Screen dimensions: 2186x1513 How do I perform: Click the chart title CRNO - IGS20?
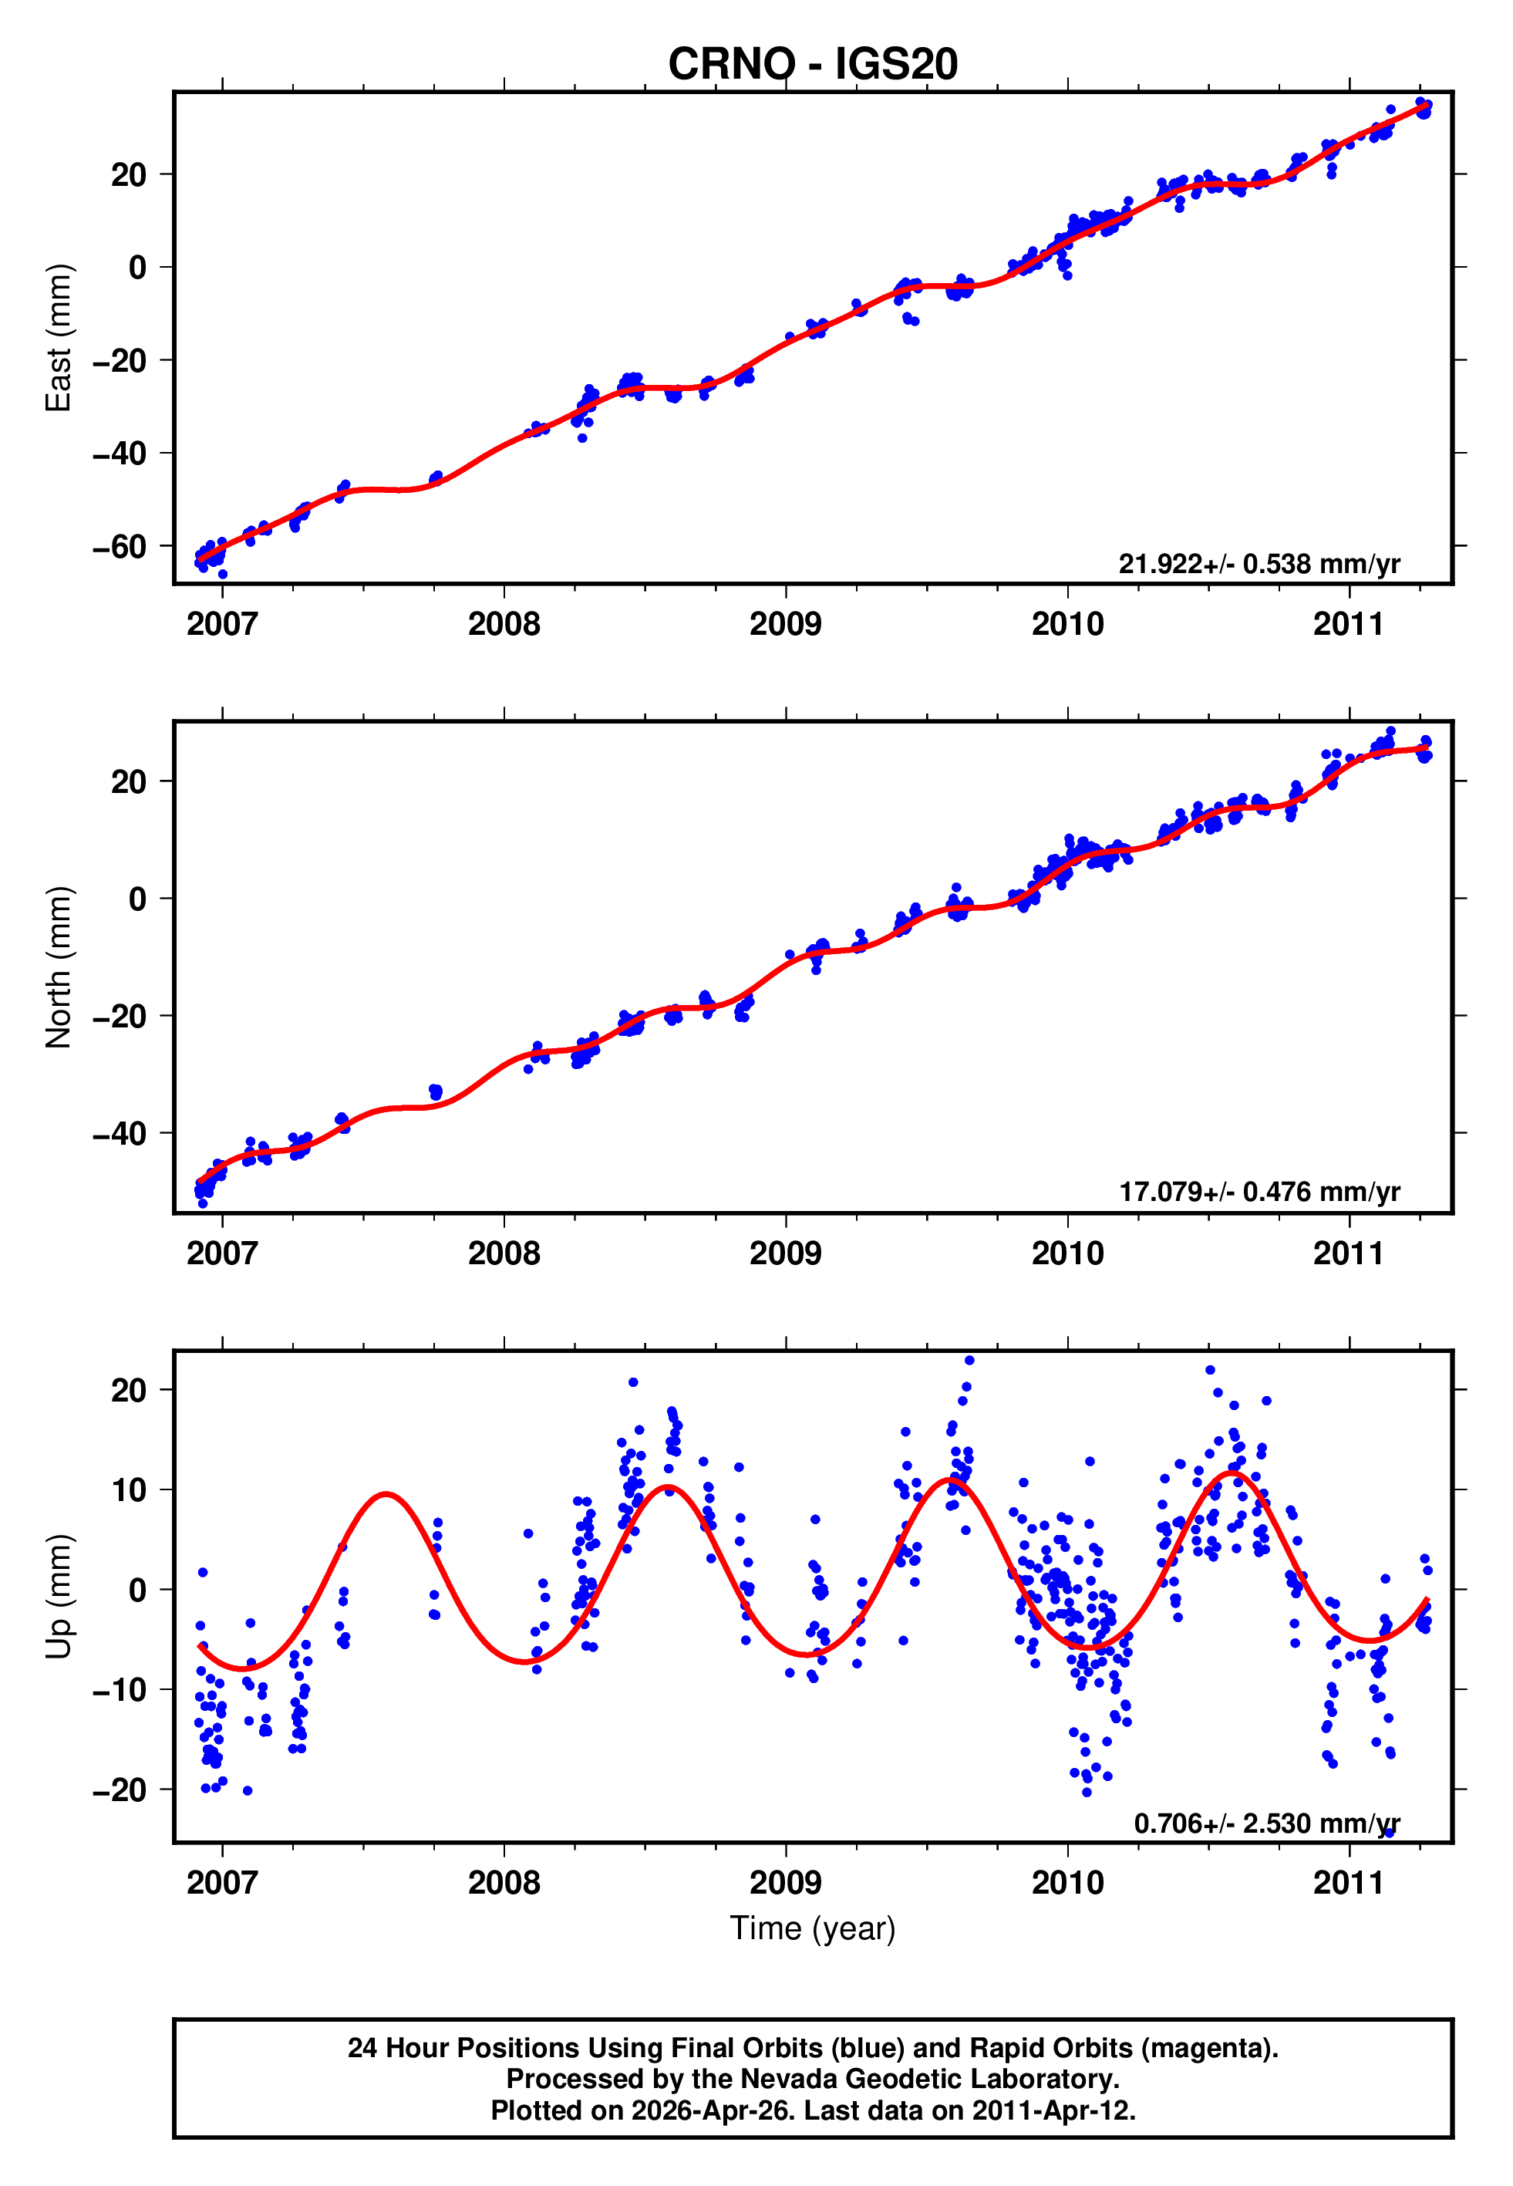[813, 65]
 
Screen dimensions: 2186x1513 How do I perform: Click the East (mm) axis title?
[59, 339]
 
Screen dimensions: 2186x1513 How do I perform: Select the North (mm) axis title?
[59, 967]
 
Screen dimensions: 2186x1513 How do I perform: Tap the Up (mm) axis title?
[59, 1597]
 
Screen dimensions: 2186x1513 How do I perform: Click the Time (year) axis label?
[813, 1928]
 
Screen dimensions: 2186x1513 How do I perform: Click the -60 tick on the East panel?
[120, 547]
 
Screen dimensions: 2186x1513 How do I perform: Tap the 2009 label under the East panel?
[785, 625]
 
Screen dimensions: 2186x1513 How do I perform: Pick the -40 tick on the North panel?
[120, 1134]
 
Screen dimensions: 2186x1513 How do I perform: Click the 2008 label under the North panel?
[504, 1254]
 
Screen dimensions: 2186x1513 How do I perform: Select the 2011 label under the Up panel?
[1348, 1883]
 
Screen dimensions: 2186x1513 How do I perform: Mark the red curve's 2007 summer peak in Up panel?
[386, 1494]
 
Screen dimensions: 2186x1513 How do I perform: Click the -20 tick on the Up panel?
[120, 1790]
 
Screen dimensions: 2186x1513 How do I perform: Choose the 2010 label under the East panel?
[1067, 625]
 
